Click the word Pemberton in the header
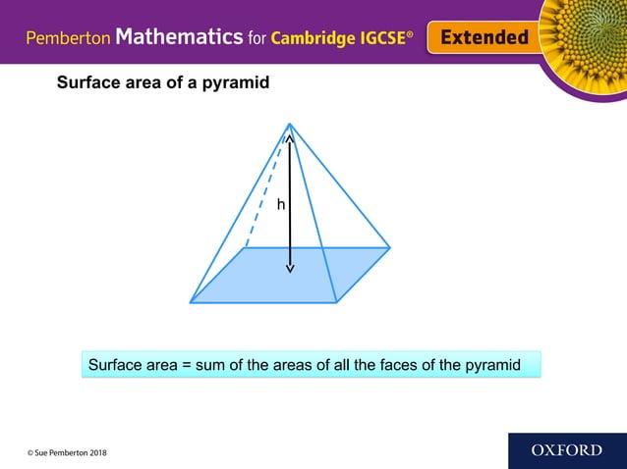pos(69,38)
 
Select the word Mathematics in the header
pos(179,37)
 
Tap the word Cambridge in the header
pos(318,38)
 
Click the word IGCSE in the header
pos(389,38)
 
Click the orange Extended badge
pos(484,37)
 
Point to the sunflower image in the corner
pos(586,39)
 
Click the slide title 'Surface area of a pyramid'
pos(163,83)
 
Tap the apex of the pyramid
pos(290,124)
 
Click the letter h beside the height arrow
pos(281,205)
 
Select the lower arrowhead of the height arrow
pos(290,269)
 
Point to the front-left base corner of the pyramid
pos(191,302)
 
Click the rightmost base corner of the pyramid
pos(390,247)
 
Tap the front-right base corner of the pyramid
pos(337,302)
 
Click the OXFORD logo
pos(566,450)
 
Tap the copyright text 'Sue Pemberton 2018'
pos(68,452)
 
